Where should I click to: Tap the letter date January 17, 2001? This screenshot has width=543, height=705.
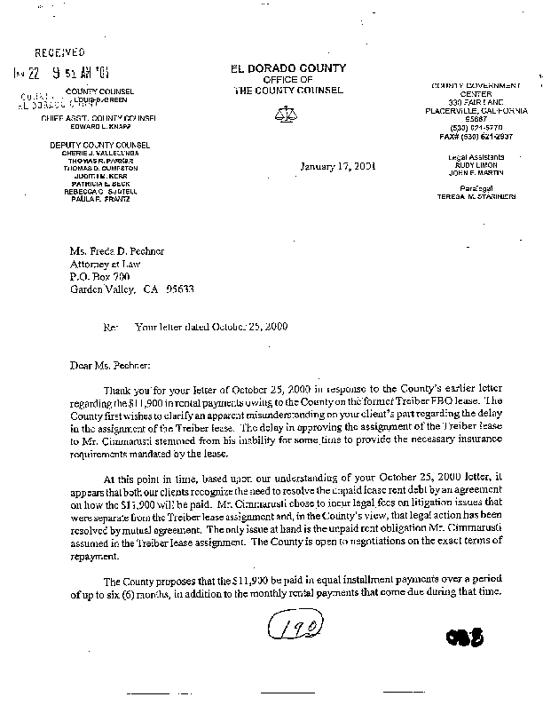coord(337,166)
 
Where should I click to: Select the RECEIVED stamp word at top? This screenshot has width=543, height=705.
coord(60,53)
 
